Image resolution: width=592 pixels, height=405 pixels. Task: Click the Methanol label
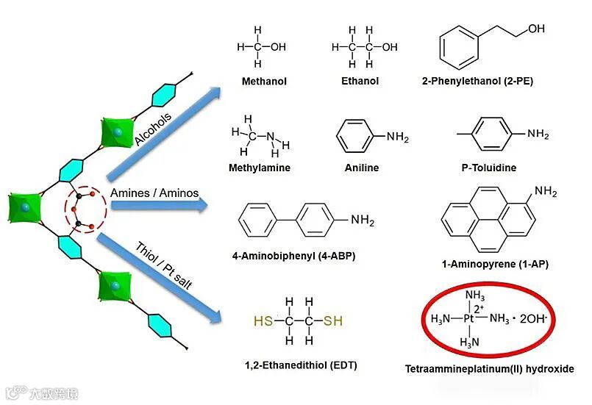264,82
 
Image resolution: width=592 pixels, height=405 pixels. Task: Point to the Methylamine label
260,168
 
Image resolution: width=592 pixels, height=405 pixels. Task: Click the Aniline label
362,168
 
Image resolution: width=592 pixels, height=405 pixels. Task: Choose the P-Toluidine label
489,168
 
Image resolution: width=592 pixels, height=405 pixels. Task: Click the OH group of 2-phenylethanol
537,29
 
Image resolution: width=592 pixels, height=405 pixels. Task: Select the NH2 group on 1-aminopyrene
546,193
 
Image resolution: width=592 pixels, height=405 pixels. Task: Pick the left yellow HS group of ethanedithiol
263,320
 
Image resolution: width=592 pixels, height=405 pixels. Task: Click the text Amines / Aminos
154,193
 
